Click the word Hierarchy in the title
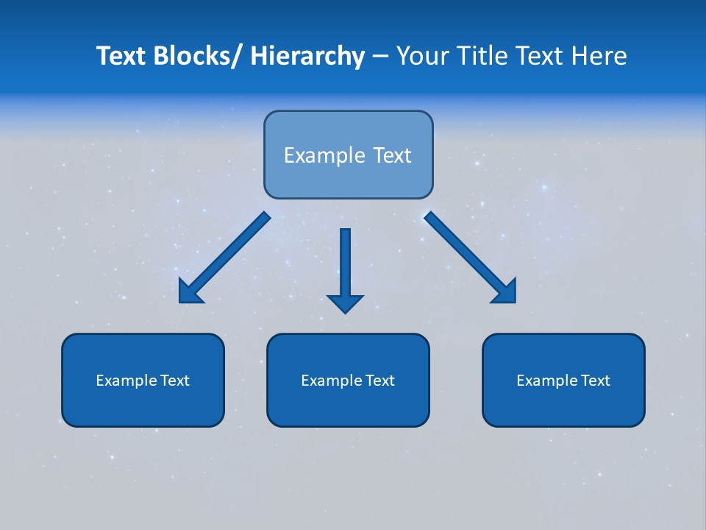click(x=307, y=56)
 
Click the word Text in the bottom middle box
click(x=379, y=381)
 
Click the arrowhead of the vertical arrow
click(x=345, y=303)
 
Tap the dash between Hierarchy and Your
click(x=380, y=57)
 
